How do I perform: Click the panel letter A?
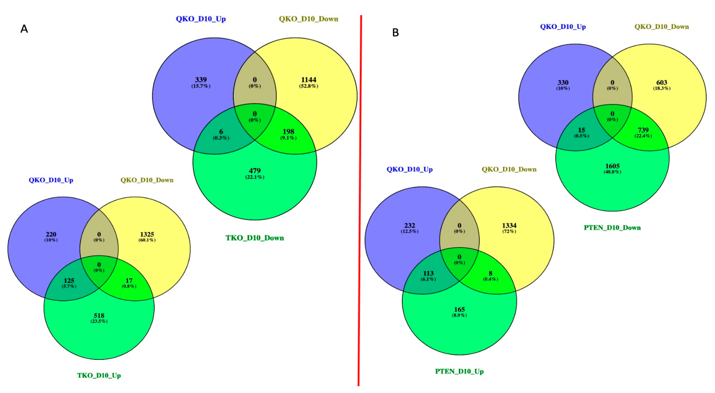[24, 29]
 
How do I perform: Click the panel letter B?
[395, 33]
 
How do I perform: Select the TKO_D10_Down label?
[255, 238]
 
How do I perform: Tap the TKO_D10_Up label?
[99, 375]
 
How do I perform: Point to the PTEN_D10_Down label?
[612, 228]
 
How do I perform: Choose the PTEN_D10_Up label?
[459, 371]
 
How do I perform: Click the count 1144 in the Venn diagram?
[309, 80]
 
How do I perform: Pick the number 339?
[201, 80]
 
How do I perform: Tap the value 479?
[255, 171]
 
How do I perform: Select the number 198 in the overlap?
[288, 131]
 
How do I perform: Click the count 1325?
[147, 234]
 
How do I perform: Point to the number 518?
[99, 316]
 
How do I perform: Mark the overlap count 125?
[69, 281]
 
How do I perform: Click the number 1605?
[612, 166]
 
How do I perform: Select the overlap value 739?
[643, 130]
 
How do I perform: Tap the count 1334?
[509, 225]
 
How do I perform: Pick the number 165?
[459, 310]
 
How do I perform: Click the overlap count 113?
[428, 273]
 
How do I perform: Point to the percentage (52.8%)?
[309, 86]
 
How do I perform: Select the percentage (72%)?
[509, 231]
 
